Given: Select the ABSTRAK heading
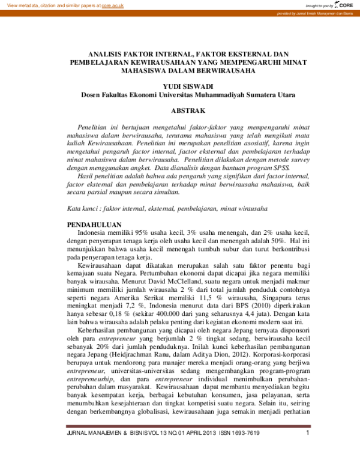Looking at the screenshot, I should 188,111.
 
